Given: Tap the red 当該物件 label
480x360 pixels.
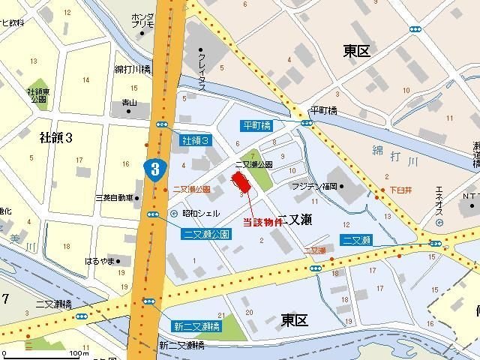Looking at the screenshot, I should tap(262, 223).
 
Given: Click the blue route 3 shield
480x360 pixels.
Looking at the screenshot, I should tap(154, 168).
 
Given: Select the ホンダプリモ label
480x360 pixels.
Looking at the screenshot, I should tap(142, 20).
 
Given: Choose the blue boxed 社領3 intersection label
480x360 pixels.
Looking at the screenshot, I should tap(195, 140).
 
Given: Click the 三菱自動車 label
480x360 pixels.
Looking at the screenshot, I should tap(114, 198).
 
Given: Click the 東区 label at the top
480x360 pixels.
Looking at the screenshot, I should tap(358, 51).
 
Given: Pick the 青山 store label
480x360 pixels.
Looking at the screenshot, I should tap(129, 103).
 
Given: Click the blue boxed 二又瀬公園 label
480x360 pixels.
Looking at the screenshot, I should tap(206, 234).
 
